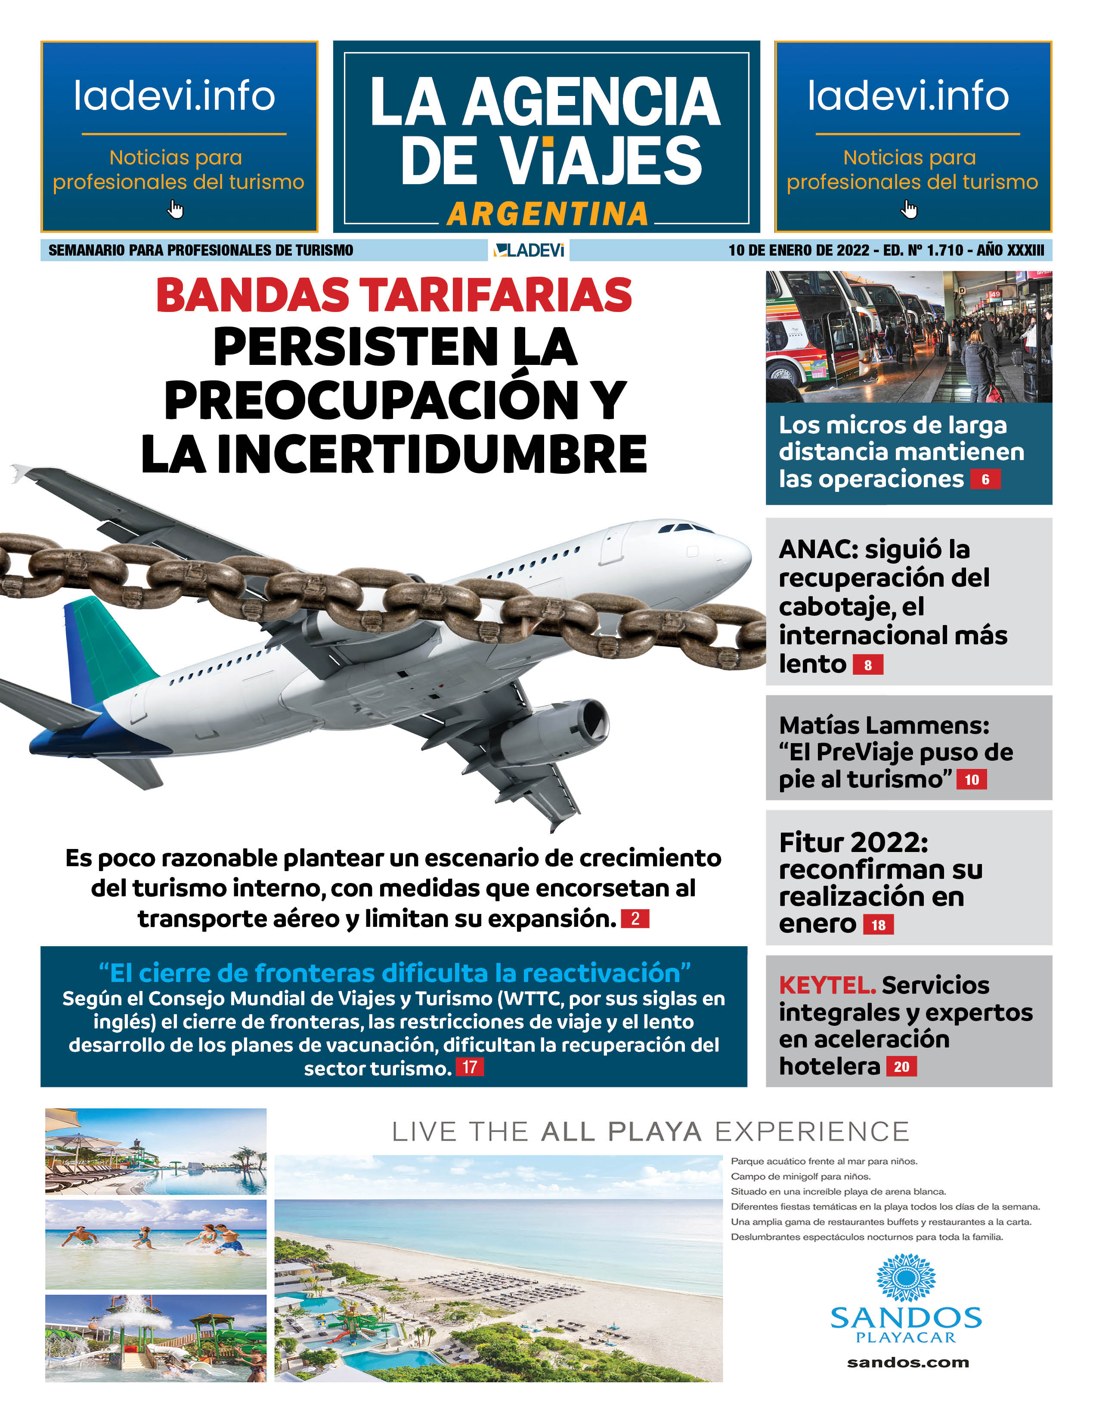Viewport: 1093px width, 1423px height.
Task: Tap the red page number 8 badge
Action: coord(867,665)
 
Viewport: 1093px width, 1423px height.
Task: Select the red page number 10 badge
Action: coord(971,780)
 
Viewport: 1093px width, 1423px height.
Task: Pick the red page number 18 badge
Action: coord(878,925)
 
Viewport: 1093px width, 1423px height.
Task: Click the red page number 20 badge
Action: coord(901,1067)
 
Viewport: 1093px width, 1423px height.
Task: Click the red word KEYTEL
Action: coord(827,985)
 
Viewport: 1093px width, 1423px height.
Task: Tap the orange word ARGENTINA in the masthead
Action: coord(548,214)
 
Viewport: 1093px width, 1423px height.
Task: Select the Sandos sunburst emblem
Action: coord(906,1278)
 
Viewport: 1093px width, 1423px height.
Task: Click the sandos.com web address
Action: coord(907,1362)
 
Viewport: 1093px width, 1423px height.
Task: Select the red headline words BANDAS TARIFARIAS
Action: coord(393,295)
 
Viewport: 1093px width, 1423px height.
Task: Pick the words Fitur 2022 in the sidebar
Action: coord(853,843)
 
